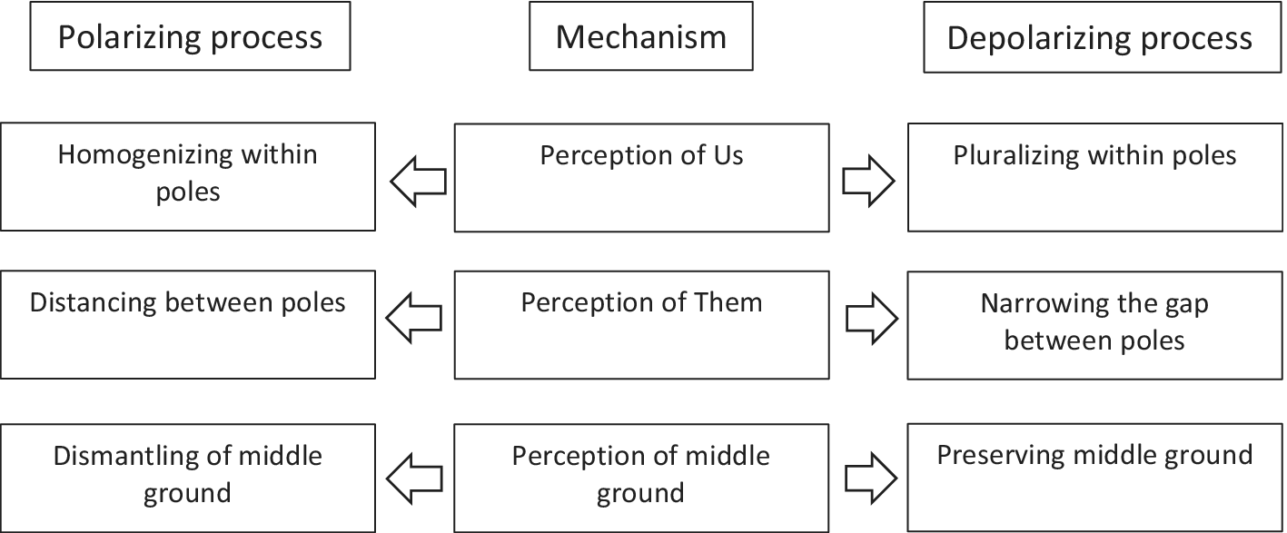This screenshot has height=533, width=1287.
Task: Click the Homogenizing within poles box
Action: (188, 176)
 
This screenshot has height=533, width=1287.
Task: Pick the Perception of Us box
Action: (641, 177)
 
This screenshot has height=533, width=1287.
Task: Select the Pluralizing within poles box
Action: (1094, 177)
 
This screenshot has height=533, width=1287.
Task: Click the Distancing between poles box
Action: (188, 324)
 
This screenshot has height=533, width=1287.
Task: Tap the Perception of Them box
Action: (641, 324)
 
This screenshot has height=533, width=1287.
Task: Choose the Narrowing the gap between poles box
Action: (1094, 324)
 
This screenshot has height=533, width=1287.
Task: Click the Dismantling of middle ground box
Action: (188, 478)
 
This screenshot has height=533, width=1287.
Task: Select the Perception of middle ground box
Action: (641, 478)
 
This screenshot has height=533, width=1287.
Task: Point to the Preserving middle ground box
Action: (1094, 478)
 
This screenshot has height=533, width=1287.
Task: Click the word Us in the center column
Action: (728, 156)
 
